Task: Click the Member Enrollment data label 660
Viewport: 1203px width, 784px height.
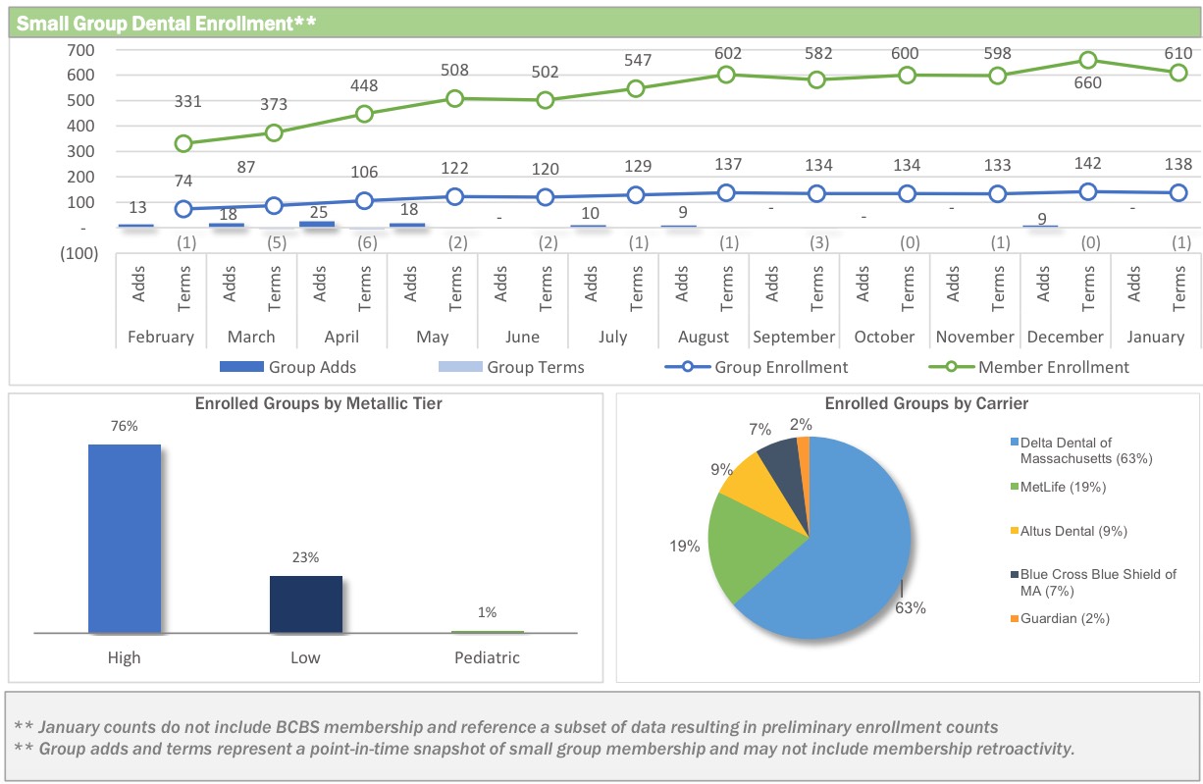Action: coord(1088,83)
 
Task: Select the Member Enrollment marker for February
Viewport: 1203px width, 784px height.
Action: coord(183,143)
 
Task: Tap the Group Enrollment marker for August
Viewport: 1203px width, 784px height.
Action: coord(726,192)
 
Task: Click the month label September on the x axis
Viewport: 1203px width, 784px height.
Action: coord(794,337)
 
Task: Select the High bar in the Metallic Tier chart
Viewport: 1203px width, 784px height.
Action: coord(125,539)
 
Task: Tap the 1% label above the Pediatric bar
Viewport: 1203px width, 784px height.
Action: coord(488,612)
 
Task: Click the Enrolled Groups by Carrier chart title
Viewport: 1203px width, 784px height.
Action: coord(926,403)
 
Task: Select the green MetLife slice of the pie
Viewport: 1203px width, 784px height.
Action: coord(751,545)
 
